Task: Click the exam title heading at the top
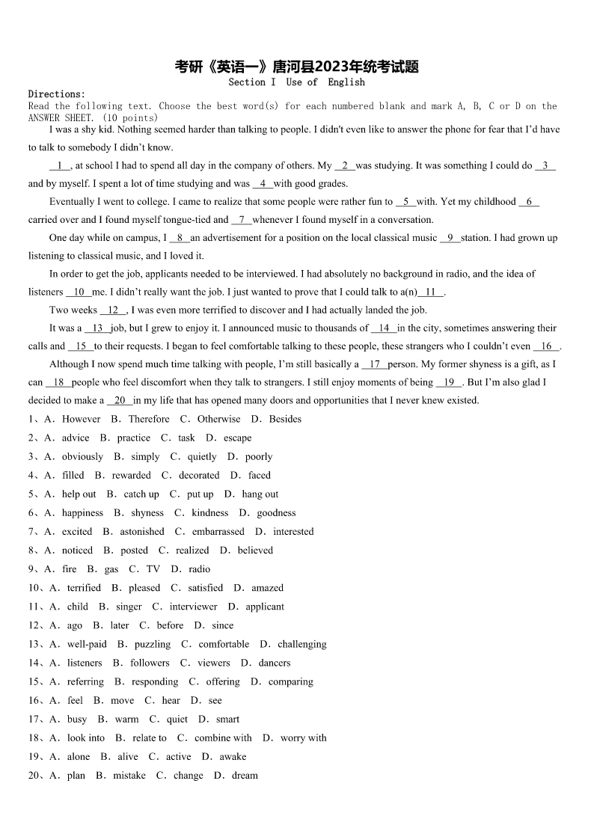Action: (x=296, y=67)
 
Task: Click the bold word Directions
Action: (x=56, y=94)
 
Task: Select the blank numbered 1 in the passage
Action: (x=59, y=166)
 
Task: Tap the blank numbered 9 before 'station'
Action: (x=450, y=238)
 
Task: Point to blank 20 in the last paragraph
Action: (x=120, y=400)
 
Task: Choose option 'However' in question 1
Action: (x=81, y=419)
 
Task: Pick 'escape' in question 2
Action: (x=237, y=438)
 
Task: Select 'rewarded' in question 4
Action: (x=131, y=475)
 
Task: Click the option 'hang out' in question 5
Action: (x=260, y=494)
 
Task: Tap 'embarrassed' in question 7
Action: (x=218, y=531)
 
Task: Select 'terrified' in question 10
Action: (x=84, y=587)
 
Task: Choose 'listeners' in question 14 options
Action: (x=85, y=662)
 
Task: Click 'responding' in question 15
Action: (x=155, y=681)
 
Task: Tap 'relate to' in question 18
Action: (x=150, y=737)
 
